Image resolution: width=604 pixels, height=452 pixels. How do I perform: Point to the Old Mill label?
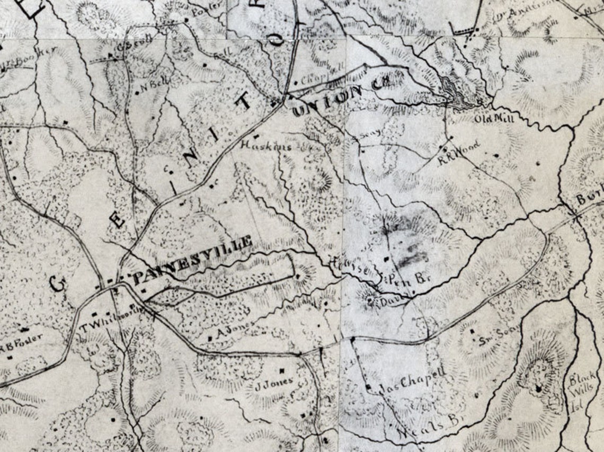(x=494, y=119)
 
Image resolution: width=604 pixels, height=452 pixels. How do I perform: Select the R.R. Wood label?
(x=459, y=152)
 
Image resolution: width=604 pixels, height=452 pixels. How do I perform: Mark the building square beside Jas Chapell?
(x=368, y=387)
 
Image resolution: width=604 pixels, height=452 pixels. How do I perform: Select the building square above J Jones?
(x=282, y=370)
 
